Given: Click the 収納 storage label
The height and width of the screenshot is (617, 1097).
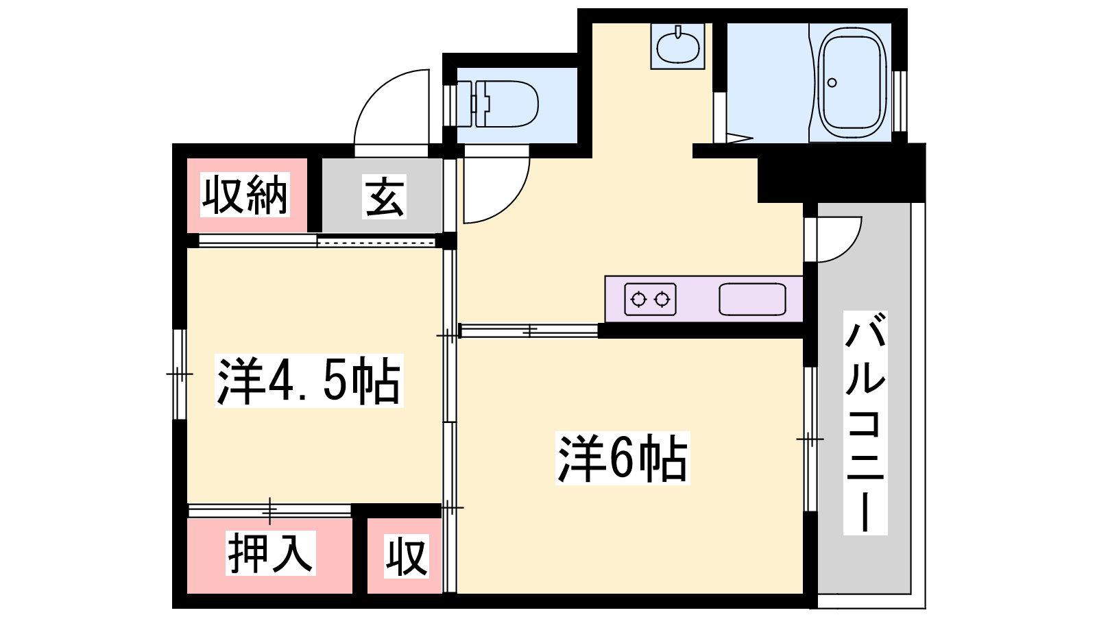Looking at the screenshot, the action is tap(245, 195).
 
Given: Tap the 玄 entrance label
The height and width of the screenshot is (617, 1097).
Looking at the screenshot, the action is tap(385, 196).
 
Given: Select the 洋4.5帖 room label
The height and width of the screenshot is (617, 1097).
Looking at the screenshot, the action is tap(309, 381).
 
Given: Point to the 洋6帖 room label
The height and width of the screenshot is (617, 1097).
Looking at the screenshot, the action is tap(623, 459).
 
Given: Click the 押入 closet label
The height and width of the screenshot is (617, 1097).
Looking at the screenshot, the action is tap(270, 553).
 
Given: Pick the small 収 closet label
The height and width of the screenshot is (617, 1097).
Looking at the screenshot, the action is tap(407, 556).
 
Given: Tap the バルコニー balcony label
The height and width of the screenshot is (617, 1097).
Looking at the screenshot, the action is tap(865, 422).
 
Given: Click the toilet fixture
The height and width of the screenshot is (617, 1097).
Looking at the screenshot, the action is tap(497, 104).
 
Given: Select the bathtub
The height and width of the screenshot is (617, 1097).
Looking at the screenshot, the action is tap(854, 83).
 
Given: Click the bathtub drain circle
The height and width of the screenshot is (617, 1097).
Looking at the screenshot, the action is tap(832, 83).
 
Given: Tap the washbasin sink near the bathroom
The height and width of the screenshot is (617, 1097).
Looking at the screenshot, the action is tap(678, 46).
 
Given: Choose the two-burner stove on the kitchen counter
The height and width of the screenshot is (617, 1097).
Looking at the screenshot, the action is tap(651, 299).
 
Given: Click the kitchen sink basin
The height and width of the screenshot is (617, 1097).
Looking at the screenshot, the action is tap(752, 299).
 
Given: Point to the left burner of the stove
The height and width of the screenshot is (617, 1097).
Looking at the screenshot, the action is tap(638, 299).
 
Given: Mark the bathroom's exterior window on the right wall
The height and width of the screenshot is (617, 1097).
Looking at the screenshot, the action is tap(899, 101).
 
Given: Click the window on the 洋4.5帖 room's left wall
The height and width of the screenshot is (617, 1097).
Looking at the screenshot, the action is tap(180, 374).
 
